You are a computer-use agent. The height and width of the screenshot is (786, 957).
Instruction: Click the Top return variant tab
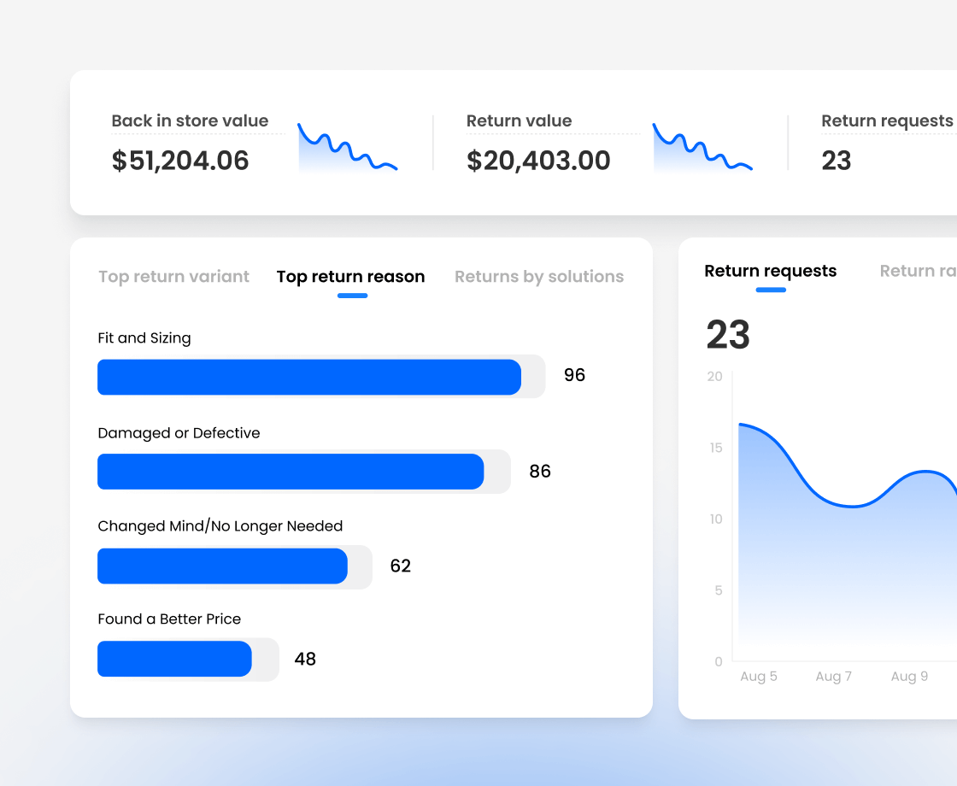173,277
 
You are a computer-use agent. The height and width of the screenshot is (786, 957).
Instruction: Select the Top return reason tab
350,277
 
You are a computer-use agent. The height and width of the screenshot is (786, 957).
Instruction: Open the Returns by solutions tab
538,277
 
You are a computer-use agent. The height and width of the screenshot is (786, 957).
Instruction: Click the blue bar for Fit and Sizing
308,377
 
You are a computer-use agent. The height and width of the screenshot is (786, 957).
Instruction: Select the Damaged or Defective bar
291,472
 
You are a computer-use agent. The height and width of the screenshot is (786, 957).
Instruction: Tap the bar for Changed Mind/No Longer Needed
222,566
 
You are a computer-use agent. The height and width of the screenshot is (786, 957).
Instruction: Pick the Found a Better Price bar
174,659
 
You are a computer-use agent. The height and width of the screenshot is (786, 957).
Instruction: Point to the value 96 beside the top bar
574,375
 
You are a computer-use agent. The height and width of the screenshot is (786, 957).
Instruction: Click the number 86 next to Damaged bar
540,471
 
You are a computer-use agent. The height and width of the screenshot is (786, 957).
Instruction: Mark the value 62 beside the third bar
400,566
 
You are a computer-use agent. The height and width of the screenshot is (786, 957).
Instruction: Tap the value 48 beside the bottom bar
305,659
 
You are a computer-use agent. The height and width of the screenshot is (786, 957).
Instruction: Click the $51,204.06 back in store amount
180,161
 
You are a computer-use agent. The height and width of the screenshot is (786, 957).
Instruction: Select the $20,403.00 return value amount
538,161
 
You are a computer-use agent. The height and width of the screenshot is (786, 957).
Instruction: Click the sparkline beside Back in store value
347,148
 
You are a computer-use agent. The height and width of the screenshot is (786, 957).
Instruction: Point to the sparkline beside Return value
702,148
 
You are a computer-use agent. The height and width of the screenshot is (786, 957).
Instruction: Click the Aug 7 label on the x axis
833,677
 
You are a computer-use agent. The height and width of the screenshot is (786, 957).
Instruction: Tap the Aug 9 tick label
909,677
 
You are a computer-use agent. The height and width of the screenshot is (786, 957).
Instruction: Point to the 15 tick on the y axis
715,448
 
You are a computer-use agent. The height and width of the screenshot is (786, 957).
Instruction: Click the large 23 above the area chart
728,335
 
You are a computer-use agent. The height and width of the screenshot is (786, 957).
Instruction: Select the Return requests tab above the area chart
770,271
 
